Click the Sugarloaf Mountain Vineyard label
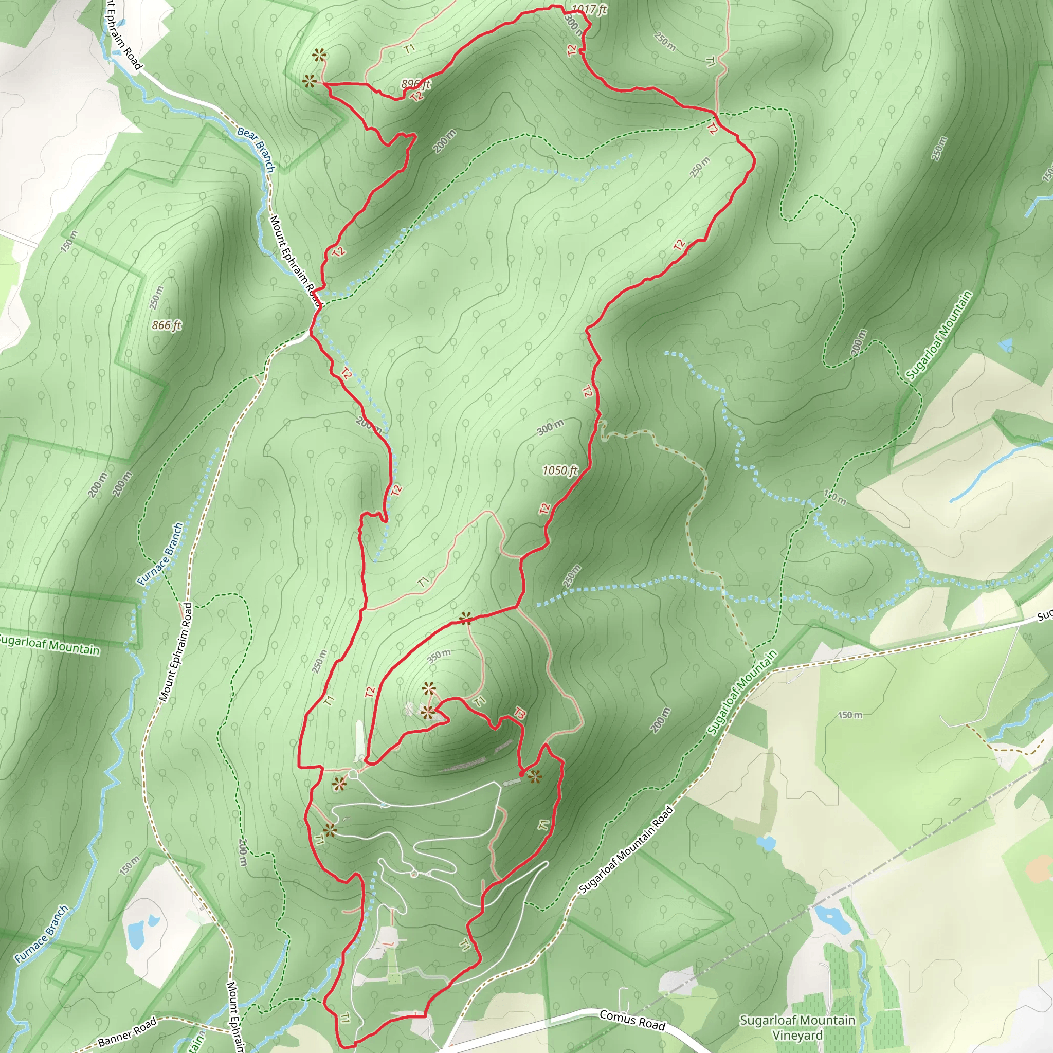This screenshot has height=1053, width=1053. coord(797,1027)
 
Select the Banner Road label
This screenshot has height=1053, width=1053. coord(127,1031)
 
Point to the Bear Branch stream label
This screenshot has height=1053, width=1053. coord(256,149)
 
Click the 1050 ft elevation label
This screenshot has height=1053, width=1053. coord(560,470)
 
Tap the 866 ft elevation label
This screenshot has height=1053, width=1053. coord(166,325)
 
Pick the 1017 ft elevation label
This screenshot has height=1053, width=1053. coord(590,9)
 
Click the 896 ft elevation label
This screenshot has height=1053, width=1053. coord(416,84)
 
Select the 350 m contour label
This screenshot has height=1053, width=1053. coord(439,656)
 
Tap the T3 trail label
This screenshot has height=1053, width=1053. coord(520,714)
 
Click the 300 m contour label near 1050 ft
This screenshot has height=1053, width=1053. coord(551,427)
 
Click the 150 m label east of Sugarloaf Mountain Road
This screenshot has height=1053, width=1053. coord(850,715)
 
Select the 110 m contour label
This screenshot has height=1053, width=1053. coord(834,497)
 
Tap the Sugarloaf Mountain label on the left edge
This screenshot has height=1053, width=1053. coord(49,644)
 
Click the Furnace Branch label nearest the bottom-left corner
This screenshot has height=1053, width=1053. coord(42,934)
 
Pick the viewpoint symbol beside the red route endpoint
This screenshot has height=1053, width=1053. coord(535,777)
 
